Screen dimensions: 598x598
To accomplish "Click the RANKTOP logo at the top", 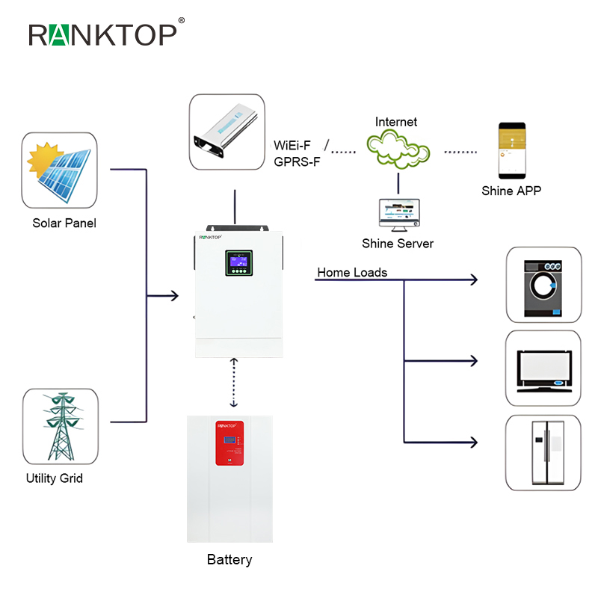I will point(102,34).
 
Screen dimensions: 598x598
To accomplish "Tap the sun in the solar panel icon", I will point(42,156).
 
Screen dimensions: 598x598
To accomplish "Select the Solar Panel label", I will point(64,223).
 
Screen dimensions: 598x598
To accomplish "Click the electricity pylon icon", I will point(61,428).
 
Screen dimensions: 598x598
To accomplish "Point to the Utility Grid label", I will point(55,478).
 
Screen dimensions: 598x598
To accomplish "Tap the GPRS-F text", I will point(297,161).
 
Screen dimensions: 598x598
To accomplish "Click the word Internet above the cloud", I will point(396,122).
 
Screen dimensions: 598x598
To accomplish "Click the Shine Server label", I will point(398,244).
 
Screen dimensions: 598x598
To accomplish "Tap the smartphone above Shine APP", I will point(511,151).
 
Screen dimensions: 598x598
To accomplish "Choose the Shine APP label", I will point(511,191).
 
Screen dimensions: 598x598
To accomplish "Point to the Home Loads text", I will point(352,273).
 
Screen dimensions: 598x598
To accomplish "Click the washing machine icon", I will point(543,283).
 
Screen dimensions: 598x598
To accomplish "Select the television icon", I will point(543,370).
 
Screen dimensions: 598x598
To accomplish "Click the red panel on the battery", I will point(229,442).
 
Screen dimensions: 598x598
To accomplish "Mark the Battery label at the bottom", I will point(229,559).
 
